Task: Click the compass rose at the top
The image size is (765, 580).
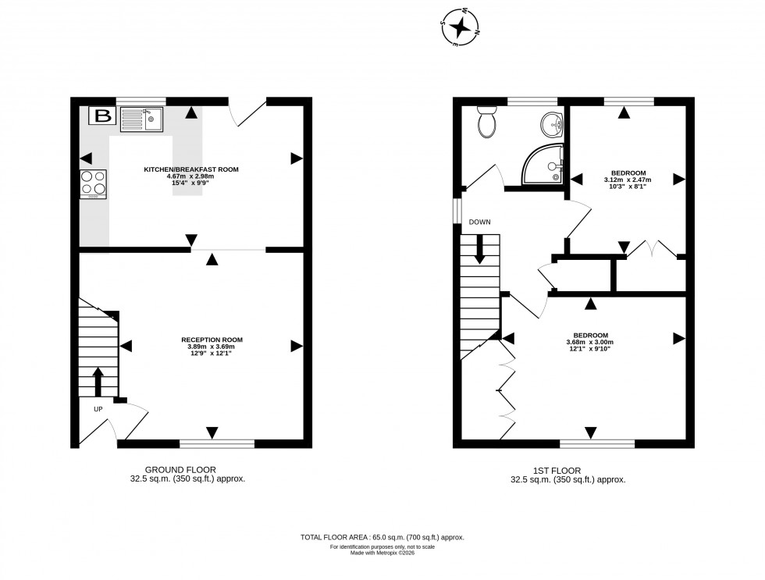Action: (461, 28)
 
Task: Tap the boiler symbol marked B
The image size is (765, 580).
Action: (102, 117)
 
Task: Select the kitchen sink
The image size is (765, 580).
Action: (142, 119)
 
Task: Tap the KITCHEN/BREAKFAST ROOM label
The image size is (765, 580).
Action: (190, 169)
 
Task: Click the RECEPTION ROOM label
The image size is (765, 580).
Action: (212, 340)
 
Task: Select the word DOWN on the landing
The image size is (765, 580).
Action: (480, 222)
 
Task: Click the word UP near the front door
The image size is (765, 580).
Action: (98, 408)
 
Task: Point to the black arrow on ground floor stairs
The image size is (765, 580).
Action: (98, 382)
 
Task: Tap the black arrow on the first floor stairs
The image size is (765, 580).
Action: (479, 248)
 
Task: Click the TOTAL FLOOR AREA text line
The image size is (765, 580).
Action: (382, 537)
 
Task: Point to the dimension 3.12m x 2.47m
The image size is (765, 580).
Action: (627, 180)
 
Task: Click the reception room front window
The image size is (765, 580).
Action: (217, 444)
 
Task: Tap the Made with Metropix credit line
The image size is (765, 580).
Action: (382, 552)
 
